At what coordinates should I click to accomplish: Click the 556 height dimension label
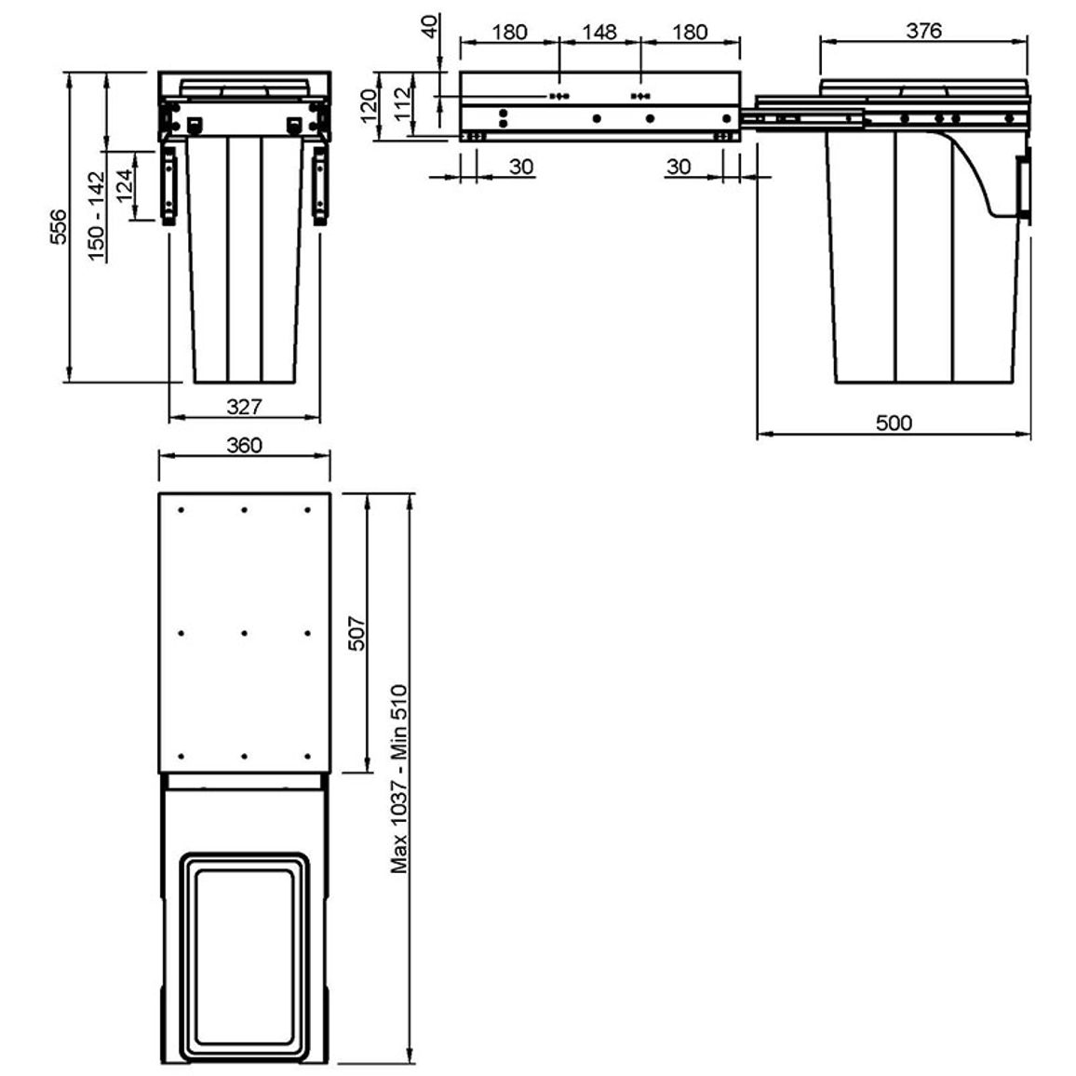pyautogui.click(x=59, y=227)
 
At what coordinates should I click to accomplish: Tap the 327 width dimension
pyautogui.click(x=244, y=407)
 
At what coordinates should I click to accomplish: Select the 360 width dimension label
pyautogui.click(x=244, y=445)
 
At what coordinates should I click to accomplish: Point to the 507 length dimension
pyautogui.click(x=357, y=633)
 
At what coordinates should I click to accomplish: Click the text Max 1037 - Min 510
pyautogui.click(x=399, y=779)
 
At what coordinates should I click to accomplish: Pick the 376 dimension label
pyautogui.click(x=923, y=31)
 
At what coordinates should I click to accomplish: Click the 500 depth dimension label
pyautogui.click(x=894, y=423)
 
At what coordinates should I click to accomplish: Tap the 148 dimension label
pyautogui.click(x=599, y=33)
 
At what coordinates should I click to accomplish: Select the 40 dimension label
pyautogui.click(x=430, y=27)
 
